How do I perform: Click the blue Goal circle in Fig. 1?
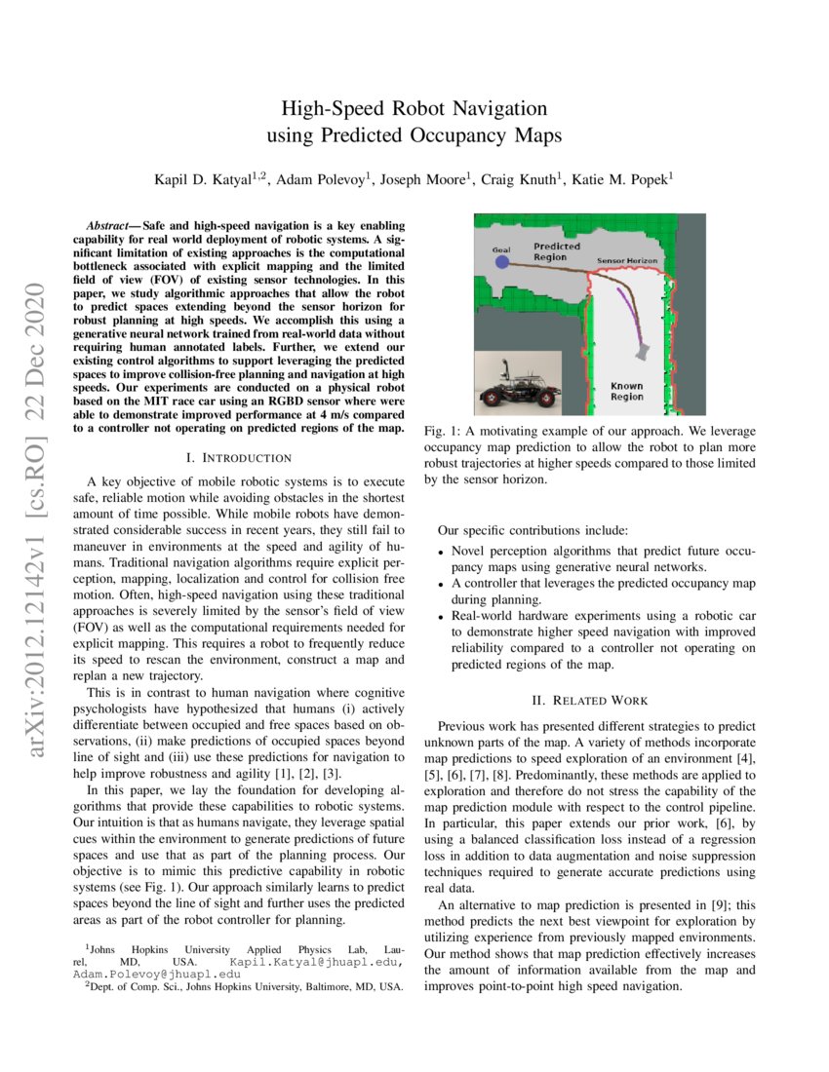coord(501,262)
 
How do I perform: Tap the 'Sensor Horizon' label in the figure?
coord(626,262)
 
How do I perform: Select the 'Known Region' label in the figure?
coord(626,391)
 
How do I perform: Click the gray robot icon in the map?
coord(643,349)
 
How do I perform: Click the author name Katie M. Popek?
coord(618,179)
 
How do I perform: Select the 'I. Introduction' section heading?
coord(238,457)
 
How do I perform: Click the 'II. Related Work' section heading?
coord(591,700)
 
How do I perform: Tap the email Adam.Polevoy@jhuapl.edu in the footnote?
coord(155,974)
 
